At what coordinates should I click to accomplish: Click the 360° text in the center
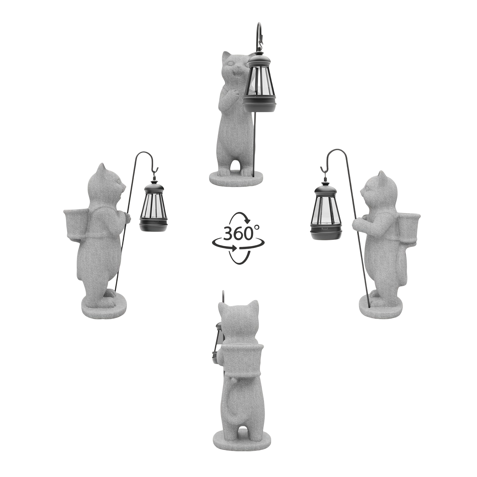pyautogui.click(x=238, y=234)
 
